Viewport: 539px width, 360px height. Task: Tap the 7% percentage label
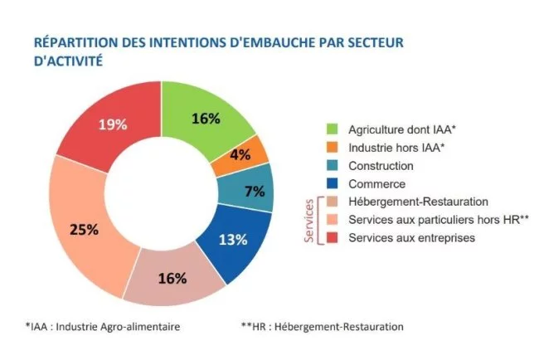(255, 192)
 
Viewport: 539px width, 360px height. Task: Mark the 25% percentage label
(84, 230)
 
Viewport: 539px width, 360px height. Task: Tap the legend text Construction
(381, 166)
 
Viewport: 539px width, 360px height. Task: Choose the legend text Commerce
(377, 184)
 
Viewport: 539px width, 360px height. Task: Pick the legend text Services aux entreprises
(411, 238)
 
